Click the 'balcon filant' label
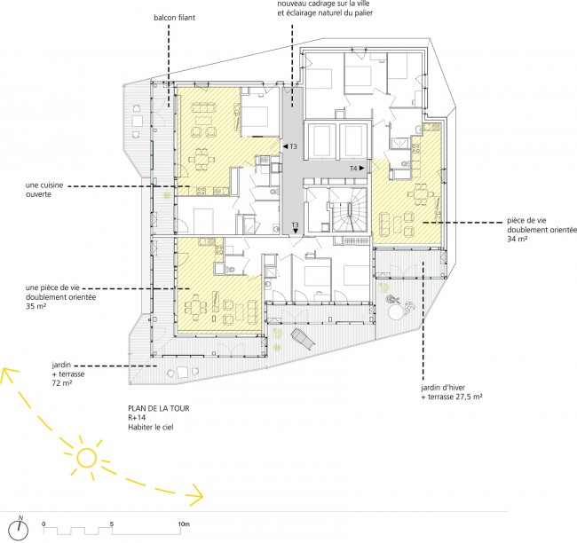pos(174,18)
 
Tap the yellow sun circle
pos(87,458)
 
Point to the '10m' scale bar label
pos(184,523)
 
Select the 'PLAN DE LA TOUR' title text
pos(159,408)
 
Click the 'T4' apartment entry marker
pos(357,168)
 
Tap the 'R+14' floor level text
pos(137,418)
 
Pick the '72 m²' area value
pos(62,383)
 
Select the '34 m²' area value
pos(517,240)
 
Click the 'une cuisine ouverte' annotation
pos(44,190)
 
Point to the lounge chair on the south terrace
pos(304,339)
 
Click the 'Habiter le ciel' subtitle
pos(151,427)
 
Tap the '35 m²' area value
pos(36,306)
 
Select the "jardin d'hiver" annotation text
pos(443,388)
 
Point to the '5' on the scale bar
pos(112,524)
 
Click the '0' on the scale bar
pos(43,524)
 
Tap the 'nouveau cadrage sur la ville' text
pos(323,4)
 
